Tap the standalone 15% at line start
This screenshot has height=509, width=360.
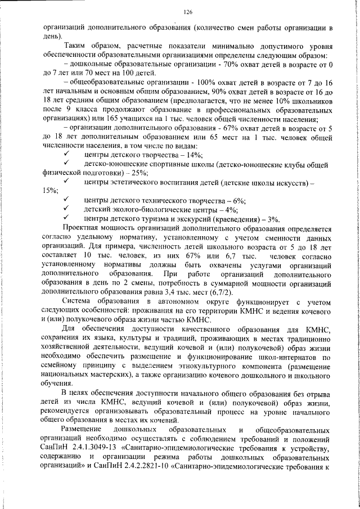[x=50, y=191]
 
